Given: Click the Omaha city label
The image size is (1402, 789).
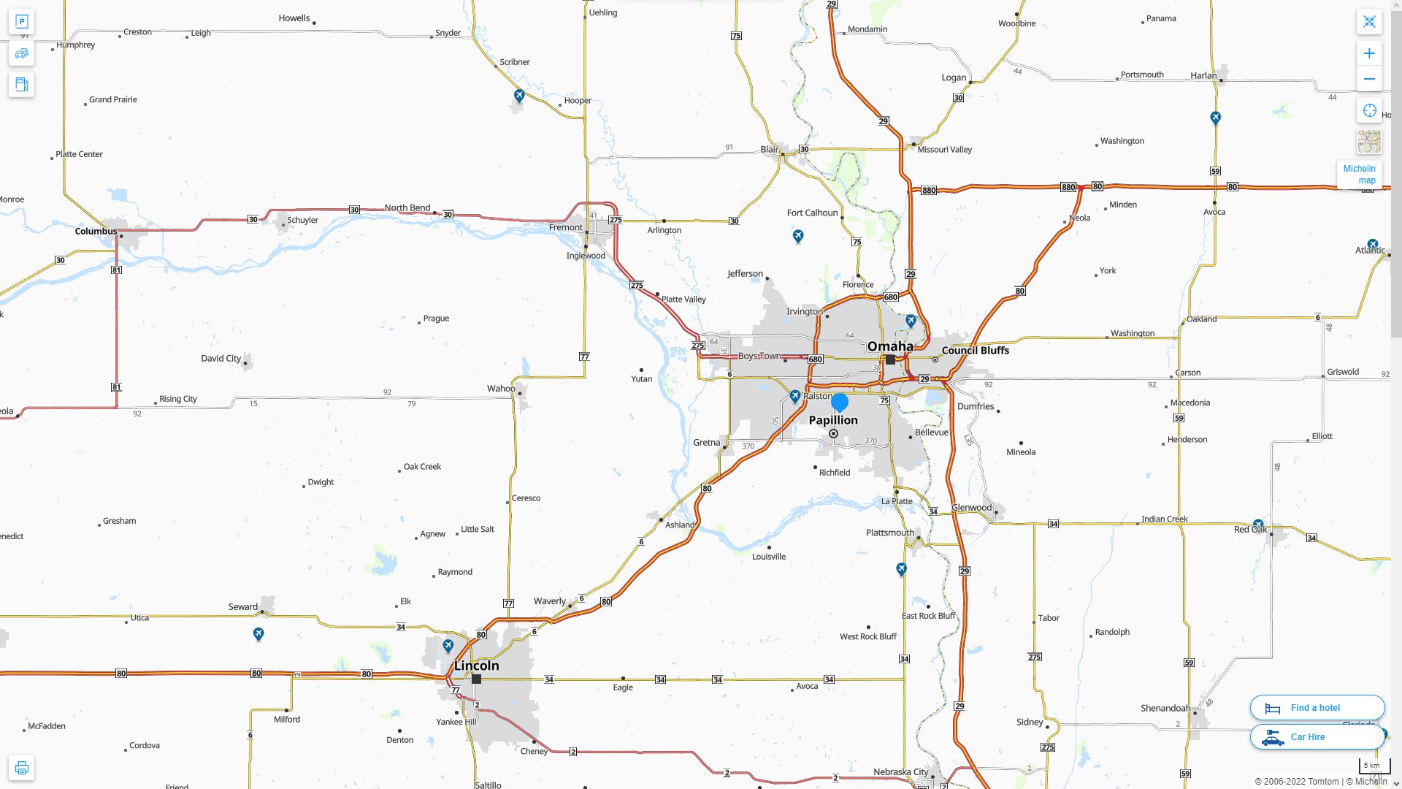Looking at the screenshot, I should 889,346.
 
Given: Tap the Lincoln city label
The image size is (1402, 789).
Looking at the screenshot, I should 476,666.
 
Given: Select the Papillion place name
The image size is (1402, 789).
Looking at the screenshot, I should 833,420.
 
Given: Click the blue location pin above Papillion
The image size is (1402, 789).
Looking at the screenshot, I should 840,402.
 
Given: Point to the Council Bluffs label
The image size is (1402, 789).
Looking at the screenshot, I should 975,351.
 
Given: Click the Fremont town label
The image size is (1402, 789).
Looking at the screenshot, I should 566,227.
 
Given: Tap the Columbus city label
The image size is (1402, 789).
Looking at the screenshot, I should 96,231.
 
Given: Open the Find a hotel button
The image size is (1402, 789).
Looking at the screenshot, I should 1317,708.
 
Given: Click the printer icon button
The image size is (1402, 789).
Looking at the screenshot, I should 22,768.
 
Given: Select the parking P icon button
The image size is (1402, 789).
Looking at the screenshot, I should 22,22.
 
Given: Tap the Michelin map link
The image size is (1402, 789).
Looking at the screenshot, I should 1359,175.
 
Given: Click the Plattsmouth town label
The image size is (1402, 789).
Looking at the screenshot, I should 889,533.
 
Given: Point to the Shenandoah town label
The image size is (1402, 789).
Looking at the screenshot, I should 1165,708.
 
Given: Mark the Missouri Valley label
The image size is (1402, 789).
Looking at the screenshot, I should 944,150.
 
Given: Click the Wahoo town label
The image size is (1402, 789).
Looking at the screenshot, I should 501,389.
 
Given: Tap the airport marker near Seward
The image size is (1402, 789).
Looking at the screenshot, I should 258,634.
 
